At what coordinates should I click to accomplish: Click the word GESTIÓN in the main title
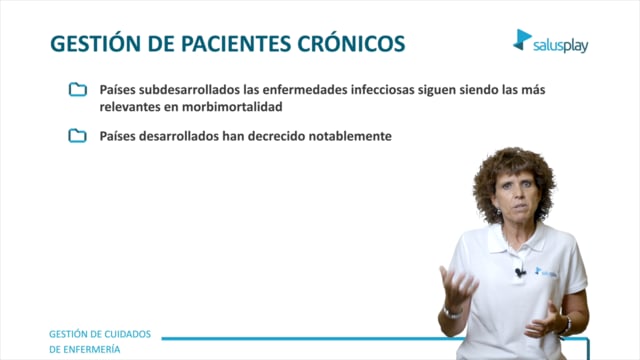pyautogui.click(x=96, y=43)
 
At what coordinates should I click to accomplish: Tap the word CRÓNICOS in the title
pyautogui.click(x=351, y=43)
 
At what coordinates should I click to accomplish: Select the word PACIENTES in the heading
pyautogui.click(x=236, y=44)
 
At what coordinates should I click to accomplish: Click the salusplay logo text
pyautogui.click(x=560, y=45)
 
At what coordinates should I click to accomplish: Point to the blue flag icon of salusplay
pyautogui.click(x=522, y=40)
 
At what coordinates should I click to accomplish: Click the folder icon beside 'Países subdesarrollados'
pyautogui.click(x=78, y=89)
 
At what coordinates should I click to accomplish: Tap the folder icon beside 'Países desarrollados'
pyautogui.click(x=78, y=136)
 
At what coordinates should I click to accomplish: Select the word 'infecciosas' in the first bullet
pyautogui.click(x=382, y=89)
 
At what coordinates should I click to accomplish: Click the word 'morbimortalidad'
pyautogui.click(x=232, y=107)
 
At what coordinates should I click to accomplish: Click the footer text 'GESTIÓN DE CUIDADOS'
pyautogui.click(x=100, y=334)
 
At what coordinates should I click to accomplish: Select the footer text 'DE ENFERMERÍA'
pyautogui.click(x=84, y=349)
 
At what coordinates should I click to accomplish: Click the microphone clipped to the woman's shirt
pyautogui.click(x=520, y=271)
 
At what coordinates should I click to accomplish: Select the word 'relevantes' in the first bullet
pyautogui.click(x=130, y=107)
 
